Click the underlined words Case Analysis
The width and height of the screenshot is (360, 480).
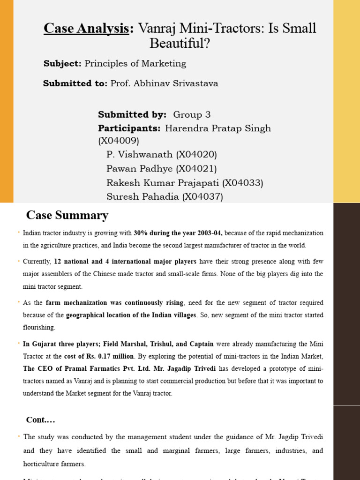86,28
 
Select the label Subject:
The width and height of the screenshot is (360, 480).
63,63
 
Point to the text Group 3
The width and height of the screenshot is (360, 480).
192,114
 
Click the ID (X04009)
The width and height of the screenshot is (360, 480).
119,141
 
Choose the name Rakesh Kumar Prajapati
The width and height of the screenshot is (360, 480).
163,182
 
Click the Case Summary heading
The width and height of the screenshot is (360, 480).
67,216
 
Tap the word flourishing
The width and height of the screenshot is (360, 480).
39,327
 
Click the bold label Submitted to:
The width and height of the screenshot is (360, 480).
75,83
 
